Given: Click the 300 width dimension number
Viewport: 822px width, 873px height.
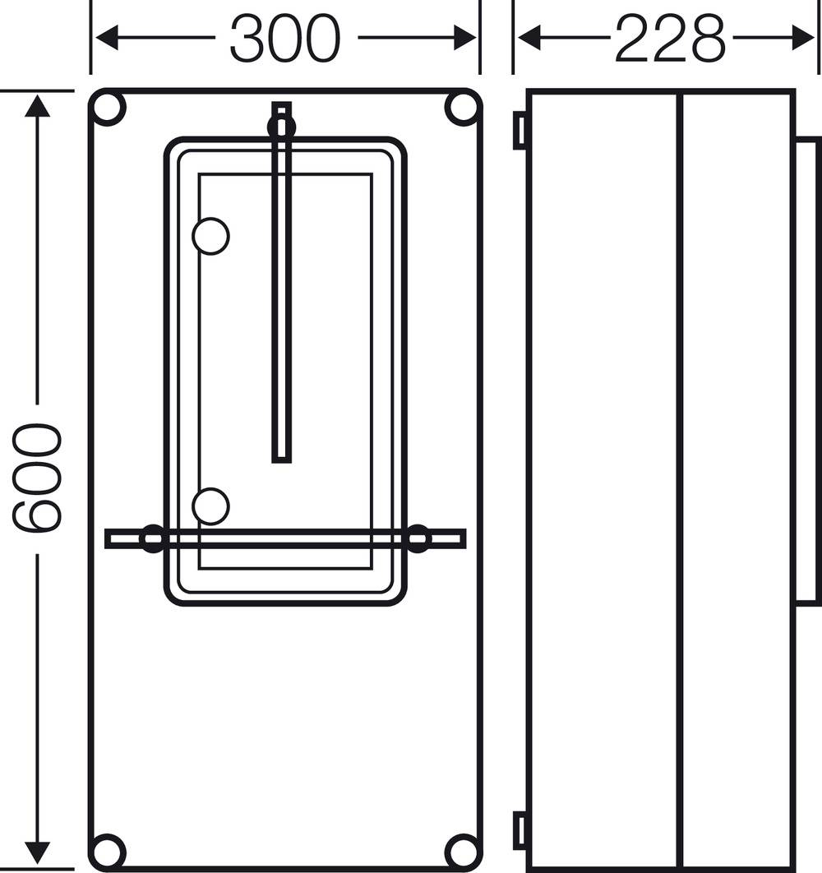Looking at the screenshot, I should [x=284, y=39].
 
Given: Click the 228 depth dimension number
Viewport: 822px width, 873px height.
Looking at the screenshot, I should [x=670, y=39].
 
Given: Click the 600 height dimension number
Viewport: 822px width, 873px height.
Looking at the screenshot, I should [x=37, y=478].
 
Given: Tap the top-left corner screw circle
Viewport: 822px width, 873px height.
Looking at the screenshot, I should [x=108, y=109].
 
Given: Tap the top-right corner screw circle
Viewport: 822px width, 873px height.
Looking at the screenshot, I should [x=462, y=109].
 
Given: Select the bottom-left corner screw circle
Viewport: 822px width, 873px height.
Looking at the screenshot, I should [x=108, y=851].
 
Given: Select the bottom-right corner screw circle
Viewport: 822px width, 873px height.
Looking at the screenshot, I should [x=462, y=851].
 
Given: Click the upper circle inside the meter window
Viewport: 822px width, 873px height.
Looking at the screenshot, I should [x=210, y=236].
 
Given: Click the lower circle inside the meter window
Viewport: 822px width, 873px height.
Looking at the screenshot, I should [x=210, y=506].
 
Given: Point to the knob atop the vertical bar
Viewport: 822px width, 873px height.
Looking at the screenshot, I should [x=281, y=126].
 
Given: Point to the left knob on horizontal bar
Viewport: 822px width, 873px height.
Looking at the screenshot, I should [x=153, y=538].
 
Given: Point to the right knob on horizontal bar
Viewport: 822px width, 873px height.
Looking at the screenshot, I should [x=418, y=538].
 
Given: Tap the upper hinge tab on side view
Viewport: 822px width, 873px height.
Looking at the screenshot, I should [x=520, y=131].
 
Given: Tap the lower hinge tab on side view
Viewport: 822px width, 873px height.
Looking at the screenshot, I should [x=520, y=830].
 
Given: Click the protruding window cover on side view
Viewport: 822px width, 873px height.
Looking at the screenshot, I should [x=807, y=370].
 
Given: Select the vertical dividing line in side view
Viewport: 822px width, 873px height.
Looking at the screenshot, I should [x=680, y=477].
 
